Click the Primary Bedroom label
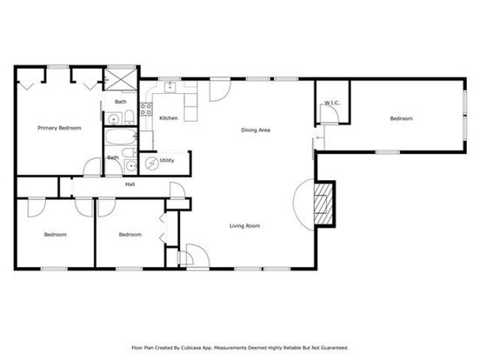[59, 128]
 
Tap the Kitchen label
[169, 118]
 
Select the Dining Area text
[256, 130]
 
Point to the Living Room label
[245, 226]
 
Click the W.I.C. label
[332, 103]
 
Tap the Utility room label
[167, 160]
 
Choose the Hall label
[130, 184]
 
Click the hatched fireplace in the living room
[323, 203]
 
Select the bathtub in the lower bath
[121, 137]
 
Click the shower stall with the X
[121, 79]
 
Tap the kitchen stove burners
[146, 110]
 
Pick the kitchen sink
[170, 87]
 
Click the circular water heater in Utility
[151, 163]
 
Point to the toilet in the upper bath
[130, 117]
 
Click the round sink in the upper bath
[114, 119]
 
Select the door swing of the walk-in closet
[329, 114]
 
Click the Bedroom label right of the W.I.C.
[402, 118]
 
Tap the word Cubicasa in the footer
[190, 348]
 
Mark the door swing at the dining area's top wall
[220, 90]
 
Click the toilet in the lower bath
[129, 152]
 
